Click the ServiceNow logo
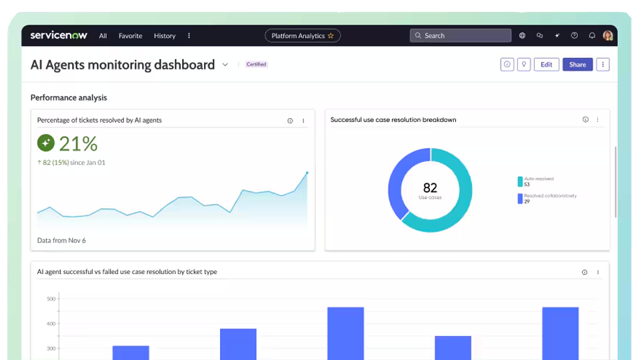pyautogui.click(x=59, y=35)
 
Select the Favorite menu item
pyautogui.click(x=130, y=36)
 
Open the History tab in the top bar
pyautogui.click(x=165, y=36)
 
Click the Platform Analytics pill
pyautogui.click(x=302, y=36)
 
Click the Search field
pyautogui.click(x=460, y=36)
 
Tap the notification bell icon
pyautogui.click(x=592, y=36)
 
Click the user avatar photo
pyautogui.click(x=608, y=36)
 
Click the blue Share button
pyautogui.click(x=577, y=65)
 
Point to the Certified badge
pyautogui.click(x=257, y=65)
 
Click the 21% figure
pyautogui.click(x=79, y=143)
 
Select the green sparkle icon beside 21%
pyautogui.click(x=46, y=143)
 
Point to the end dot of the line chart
pyautogui.click(x=307, y=173)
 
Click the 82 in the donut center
pyautogui.click(x=430, y=187)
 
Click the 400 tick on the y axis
pyautogui.click(x=51, y=323)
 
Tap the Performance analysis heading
pyautogui.click(x=69, y=98)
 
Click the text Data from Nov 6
pyautogui.click(x=61, y=240)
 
